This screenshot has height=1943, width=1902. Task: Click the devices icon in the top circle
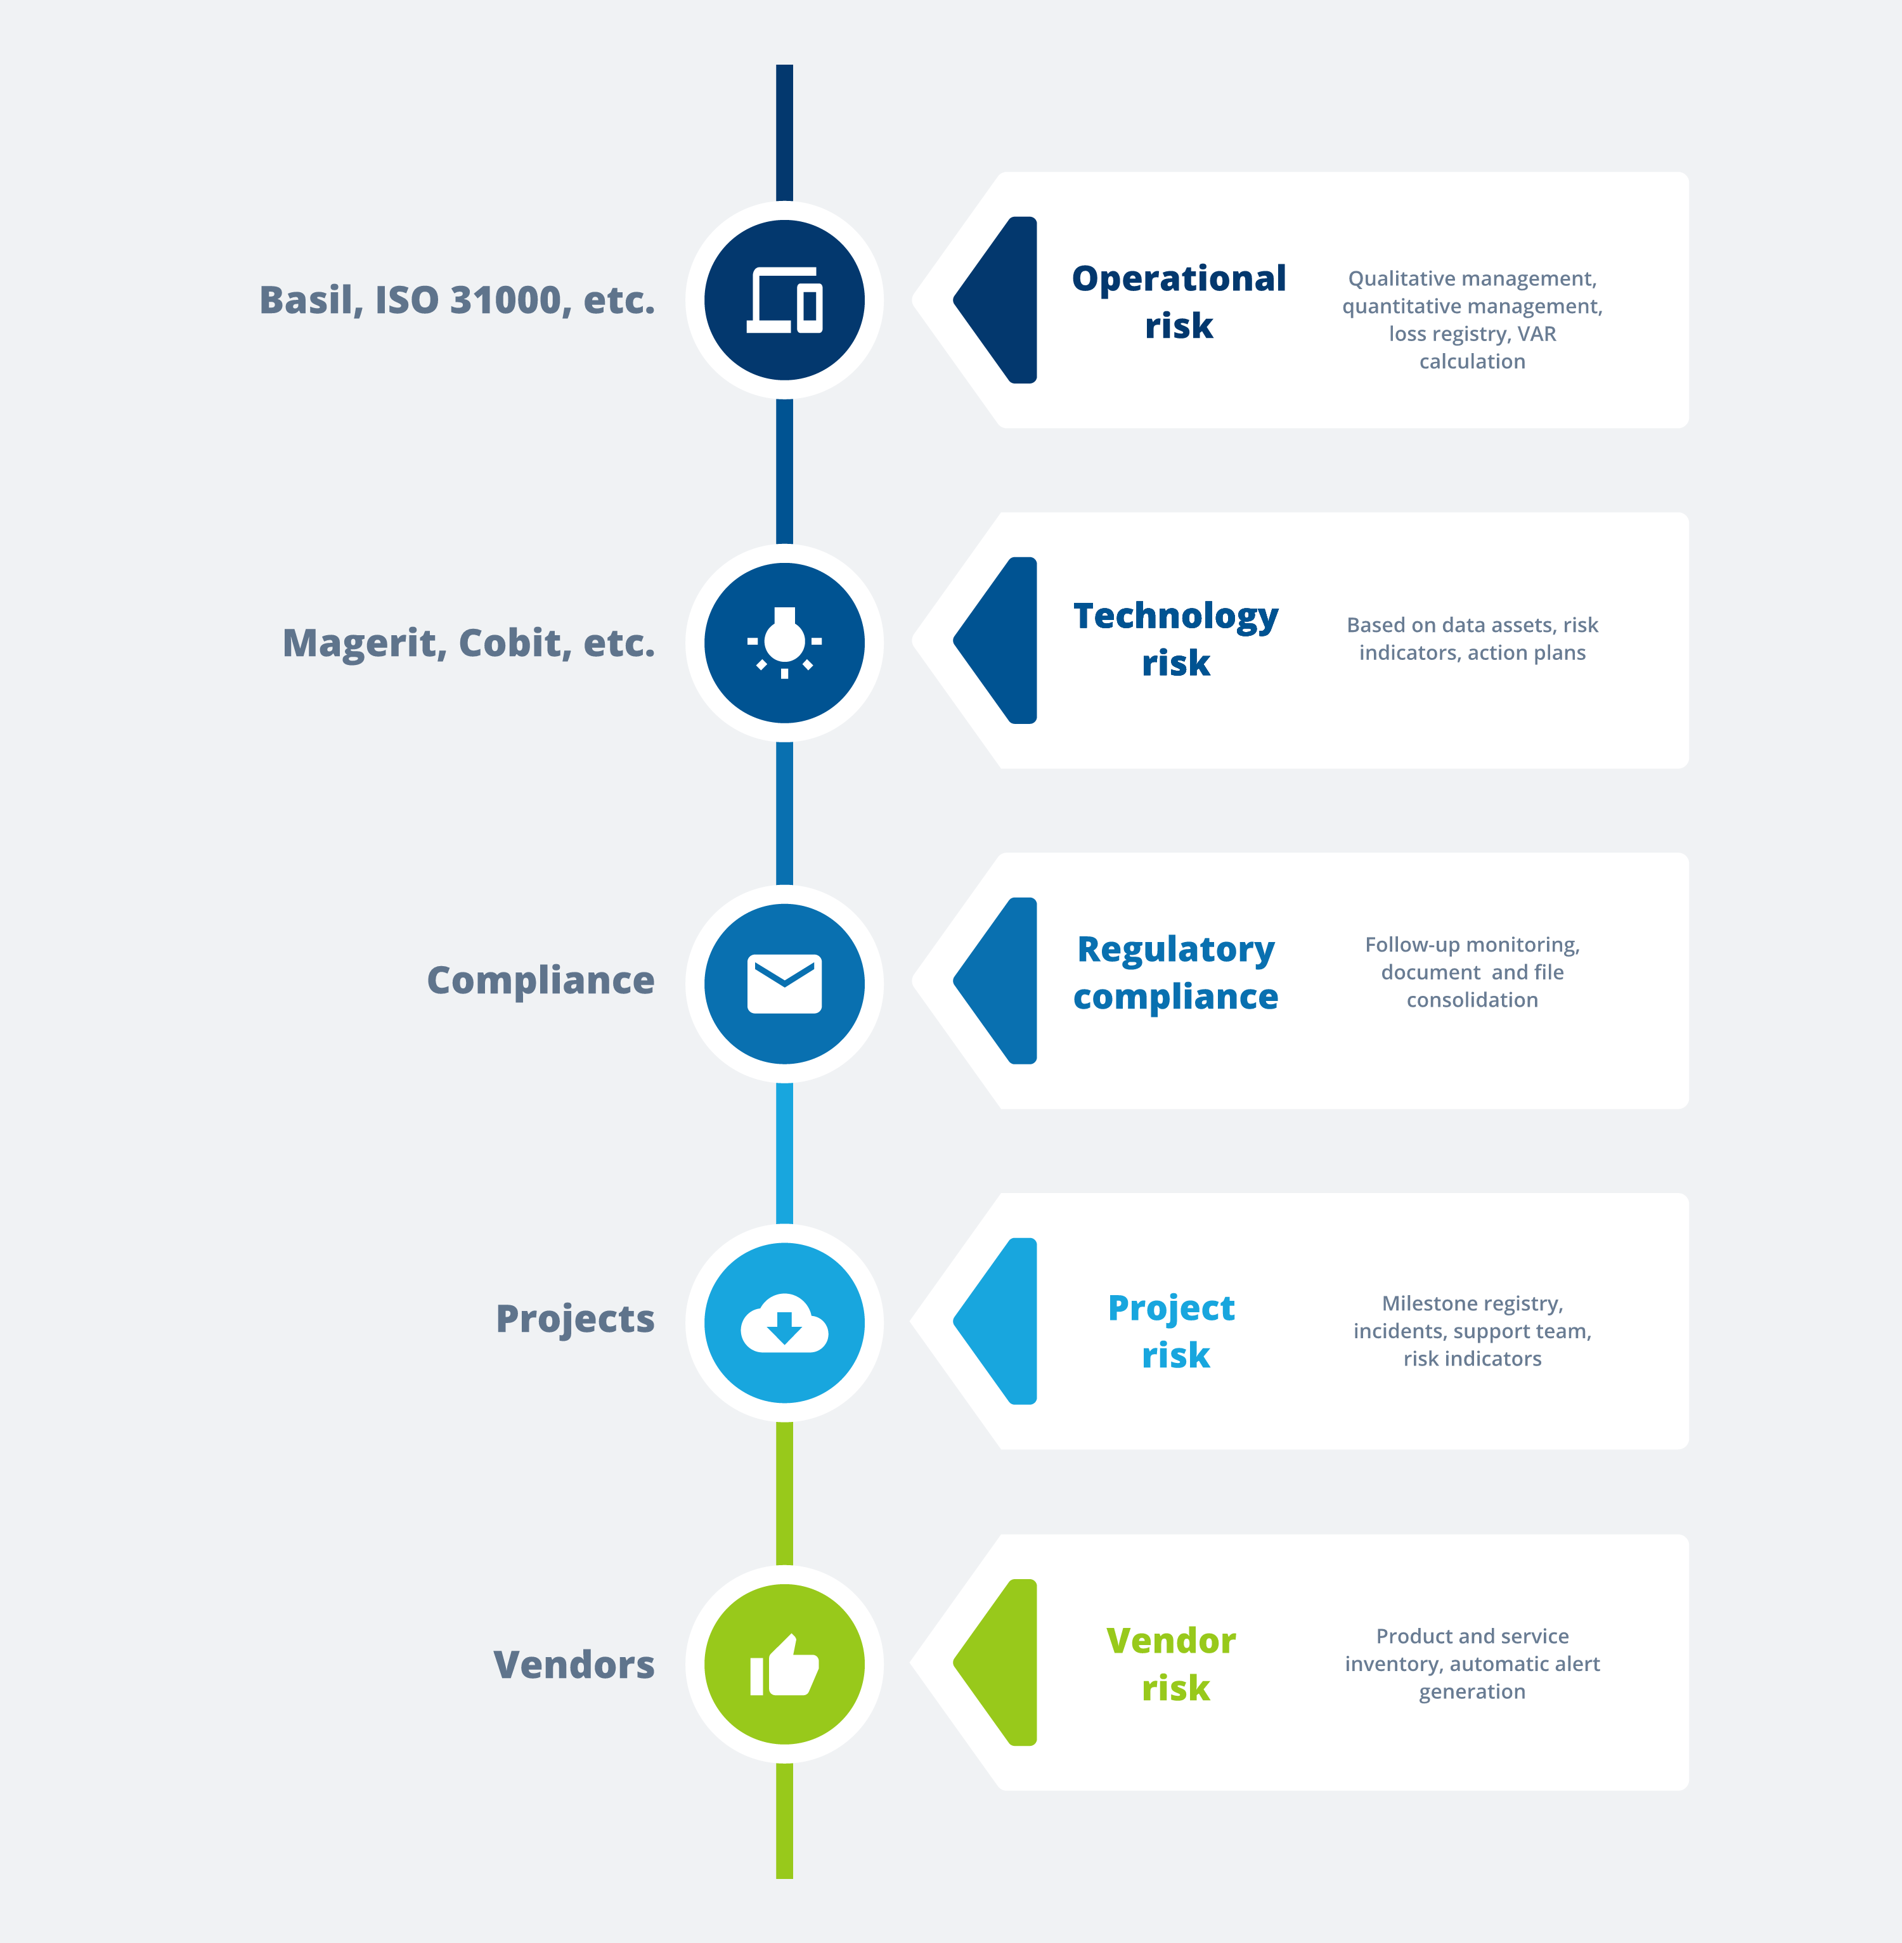(784, 300)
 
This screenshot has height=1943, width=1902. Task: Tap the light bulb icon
(784, 642)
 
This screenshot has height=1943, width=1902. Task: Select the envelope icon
(784, 984)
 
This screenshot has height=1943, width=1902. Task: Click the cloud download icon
(784, 1324)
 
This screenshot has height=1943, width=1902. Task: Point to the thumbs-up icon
(784, 1665)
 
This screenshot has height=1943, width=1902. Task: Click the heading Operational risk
(1178, 302)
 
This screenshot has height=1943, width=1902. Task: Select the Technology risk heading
(1176, 640)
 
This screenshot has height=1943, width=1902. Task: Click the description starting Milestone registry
(1472, 1331)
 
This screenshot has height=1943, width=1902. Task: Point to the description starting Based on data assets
(1472, 638)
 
